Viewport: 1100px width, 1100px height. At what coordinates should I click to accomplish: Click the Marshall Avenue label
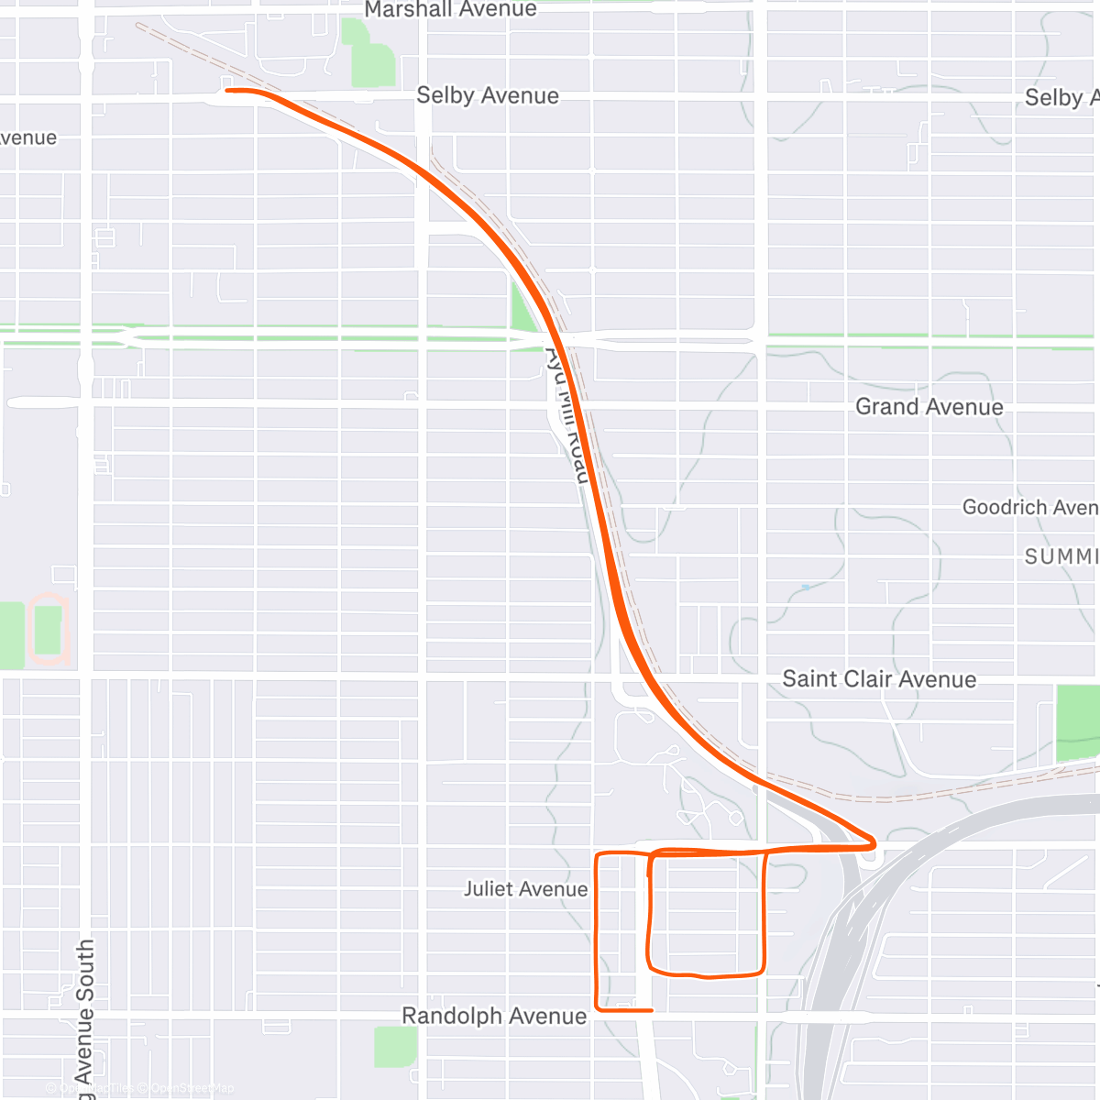[450, 10]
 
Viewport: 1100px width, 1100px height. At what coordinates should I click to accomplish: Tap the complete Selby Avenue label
[487, 95]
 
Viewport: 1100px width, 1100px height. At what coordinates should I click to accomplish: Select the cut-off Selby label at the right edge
[1061, 98]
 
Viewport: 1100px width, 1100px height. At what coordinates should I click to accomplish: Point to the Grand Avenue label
[929, 406]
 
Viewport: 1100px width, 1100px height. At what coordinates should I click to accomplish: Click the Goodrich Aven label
[1029, 507]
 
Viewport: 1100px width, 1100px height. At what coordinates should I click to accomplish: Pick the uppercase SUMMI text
[1061, 556]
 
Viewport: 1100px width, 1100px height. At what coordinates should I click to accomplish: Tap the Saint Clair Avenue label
[878, 679]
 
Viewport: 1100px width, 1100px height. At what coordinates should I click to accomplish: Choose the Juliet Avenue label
[525, 889]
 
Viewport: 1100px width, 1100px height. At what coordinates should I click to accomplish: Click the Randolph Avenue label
[494, 1016]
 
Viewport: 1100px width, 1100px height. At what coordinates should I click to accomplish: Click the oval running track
[48, 629]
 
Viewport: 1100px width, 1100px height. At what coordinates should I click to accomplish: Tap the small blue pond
[806, 587]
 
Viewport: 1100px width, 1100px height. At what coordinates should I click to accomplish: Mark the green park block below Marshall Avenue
[368, 55]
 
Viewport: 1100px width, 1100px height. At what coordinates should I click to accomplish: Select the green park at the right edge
[1078, 722]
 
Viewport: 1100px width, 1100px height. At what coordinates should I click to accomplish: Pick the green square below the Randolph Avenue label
[395, 1047]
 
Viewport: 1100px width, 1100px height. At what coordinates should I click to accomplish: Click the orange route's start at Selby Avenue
[227, 90]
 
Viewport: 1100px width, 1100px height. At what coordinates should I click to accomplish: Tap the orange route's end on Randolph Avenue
[651, 1010]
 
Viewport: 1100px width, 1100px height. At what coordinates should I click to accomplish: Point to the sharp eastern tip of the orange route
[875, 841]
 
